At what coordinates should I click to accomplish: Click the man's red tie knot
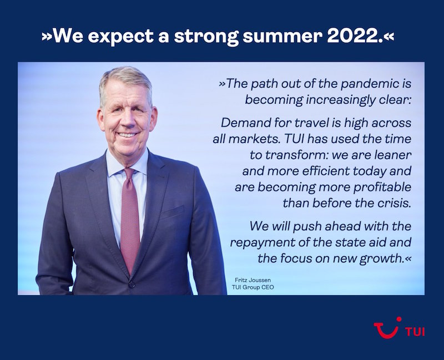[x=129, y=173]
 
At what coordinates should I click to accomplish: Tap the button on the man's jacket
[x=133, y=285]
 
